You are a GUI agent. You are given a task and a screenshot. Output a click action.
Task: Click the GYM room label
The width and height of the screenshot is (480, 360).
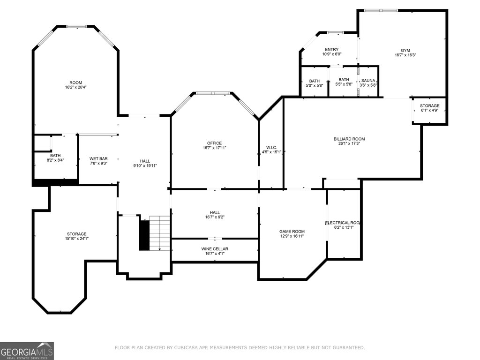(405, 51)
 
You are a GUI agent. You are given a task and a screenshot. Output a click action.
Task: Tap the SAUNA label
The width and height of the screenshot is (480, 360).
(368, 81)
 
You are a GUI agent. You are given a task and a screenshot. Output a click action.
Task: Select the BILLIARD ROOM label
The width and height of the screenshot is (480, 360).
(349, 139)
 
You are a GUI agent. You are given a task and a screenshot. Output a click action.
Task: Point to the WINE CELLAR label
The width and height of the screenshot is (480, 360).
(215, 249)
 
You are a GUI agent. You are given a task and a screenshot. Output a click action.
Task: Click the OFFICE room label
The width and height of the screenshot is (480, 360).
(214, 143)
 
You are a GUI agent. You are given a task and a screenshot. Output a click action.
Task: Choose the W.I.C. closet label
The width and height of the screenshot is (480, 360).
(271, 148)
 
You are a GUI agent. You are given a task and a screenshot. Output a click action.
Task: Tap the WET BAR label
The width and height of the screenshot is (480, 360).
(98, 158)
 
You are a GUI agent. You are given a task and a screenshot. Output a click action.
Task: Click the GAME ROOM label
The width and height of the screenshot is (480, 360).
(292, 232)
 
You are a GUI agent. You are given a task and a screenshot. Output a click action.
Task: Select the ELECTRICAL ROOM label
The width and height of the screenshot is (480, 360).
(342, 223)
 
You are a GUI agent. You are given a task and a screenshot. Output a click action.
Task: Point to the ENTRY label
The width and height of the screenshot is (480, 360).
(332, 50)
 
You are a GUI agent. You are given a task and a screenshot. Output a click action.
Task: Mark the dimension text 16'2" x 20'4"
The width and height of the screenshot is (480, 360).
(75, 87)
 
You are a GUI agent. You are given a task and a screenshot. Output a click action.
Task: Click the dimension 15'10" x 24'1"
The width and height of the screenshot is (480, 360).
(77, 239)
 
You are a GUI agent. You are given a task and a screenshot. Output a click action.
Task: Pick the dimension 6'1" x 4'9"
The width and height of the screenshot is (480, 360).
(429, 110)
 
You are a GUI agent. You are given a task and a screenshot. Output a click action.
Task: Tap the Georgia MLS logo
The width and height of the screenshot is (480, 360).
(27, 351)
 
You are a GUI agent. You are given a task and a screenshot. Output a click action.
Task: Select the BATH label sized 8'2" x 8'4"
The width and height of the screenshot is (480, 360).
(55, 156)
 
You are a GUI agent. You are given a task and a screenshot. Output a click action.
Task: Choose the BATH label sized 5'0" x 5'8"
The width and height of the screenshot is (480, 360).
(315, 81)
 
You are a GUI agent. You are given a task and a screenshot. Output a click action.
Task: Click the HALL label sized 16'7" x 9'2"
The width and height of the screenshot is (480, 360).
(215, 212)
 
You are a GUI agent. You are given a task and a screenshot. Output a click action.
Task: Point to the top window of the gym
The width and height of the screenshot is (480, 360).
(381, 10)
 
